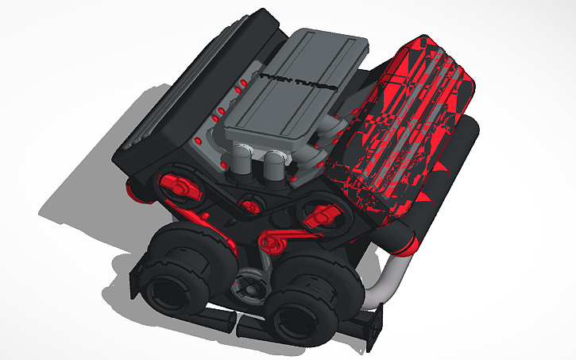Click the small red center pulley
(253, 207)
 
